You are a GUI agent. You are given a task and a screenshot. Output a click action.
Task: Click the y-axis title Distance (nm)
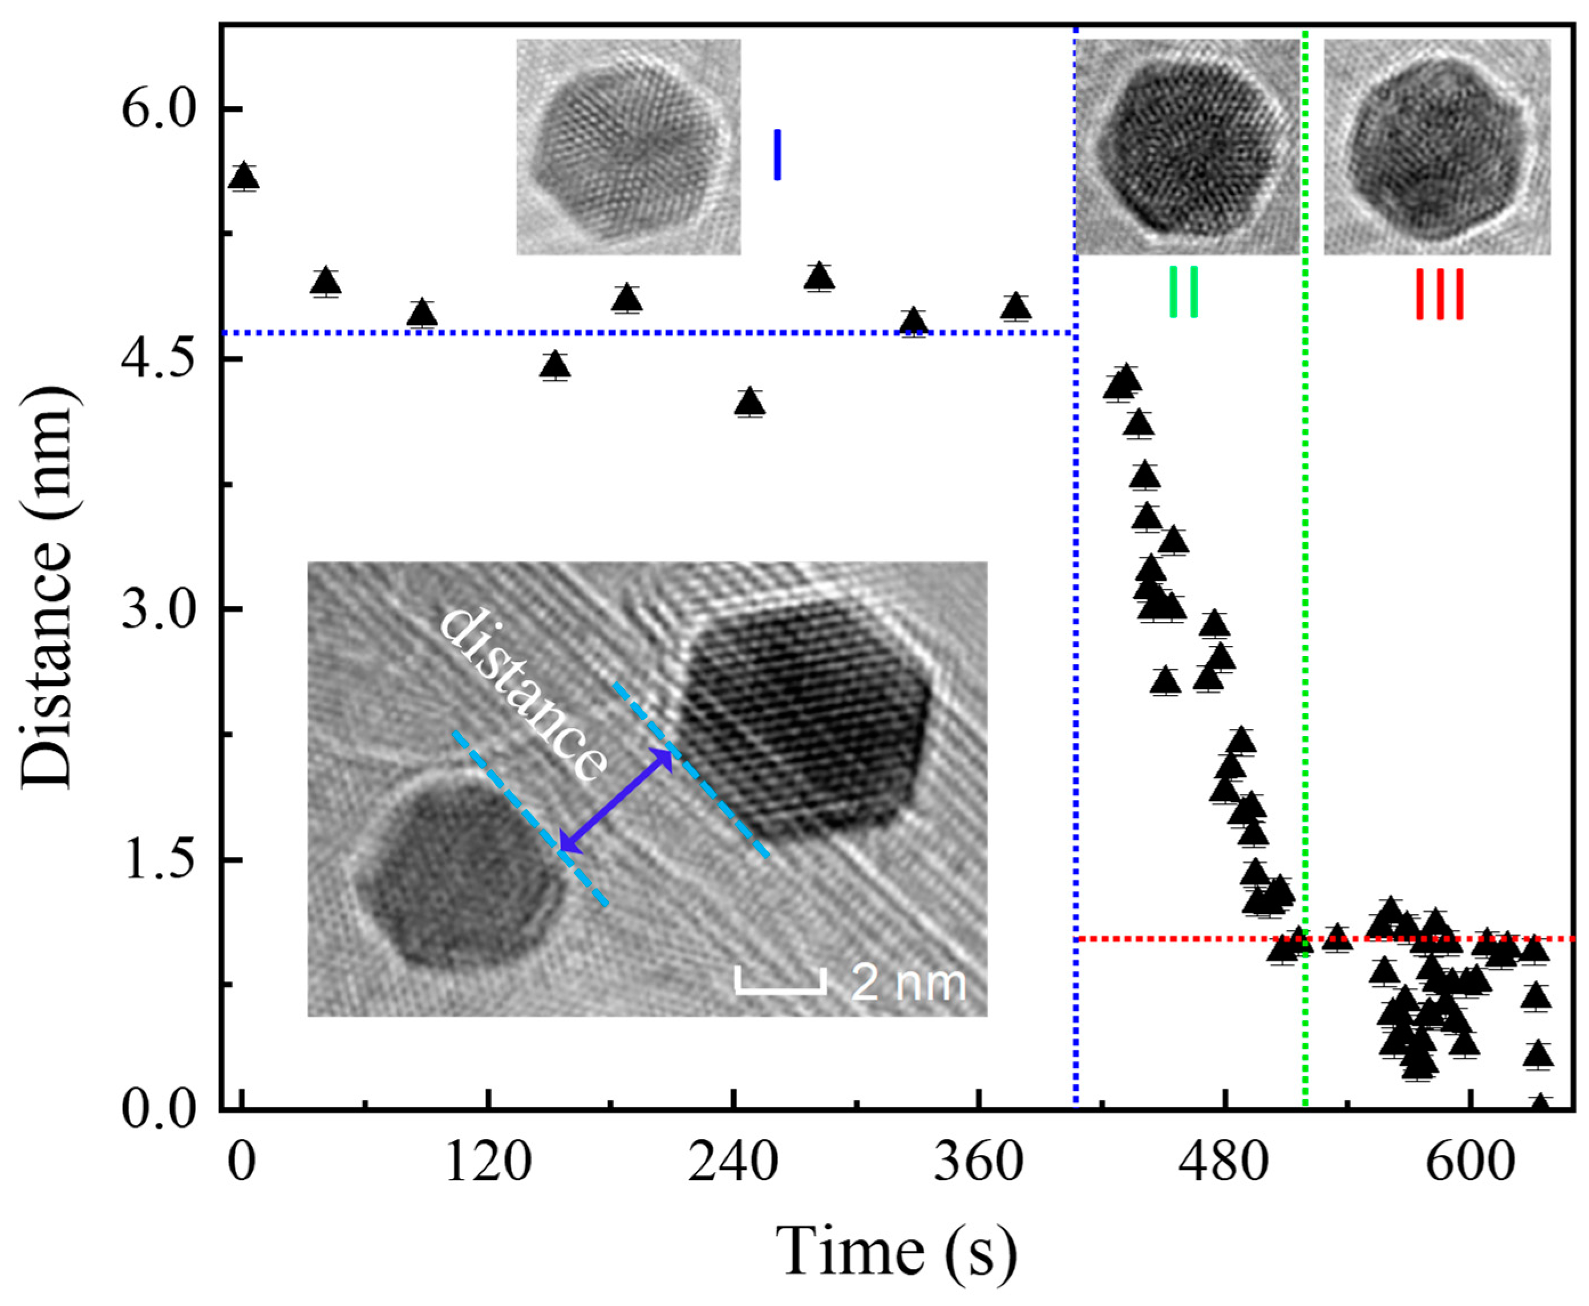coord(47,587)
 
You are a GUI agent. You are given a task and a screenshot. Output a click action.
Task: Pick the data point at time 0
coord(243,177)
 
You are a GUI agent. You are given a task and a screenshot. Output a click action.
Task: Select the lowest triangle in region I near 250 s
coord(749,403)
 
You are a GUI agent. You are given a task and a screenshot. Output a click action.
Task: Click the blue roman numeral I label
coord(777,155)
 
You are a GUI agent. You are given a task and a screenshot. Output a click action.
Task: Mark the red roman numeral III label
coord(1439,294)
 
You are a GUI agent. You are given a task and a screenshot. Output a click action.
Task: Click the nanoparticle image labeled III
coord(1436,148)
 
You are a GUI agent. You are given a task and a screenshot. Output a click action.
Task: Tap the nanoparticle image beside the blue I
coord(629,148)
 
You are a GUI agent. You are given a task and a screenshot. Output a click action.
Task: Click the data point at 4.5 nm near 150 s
coord(555,365)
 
